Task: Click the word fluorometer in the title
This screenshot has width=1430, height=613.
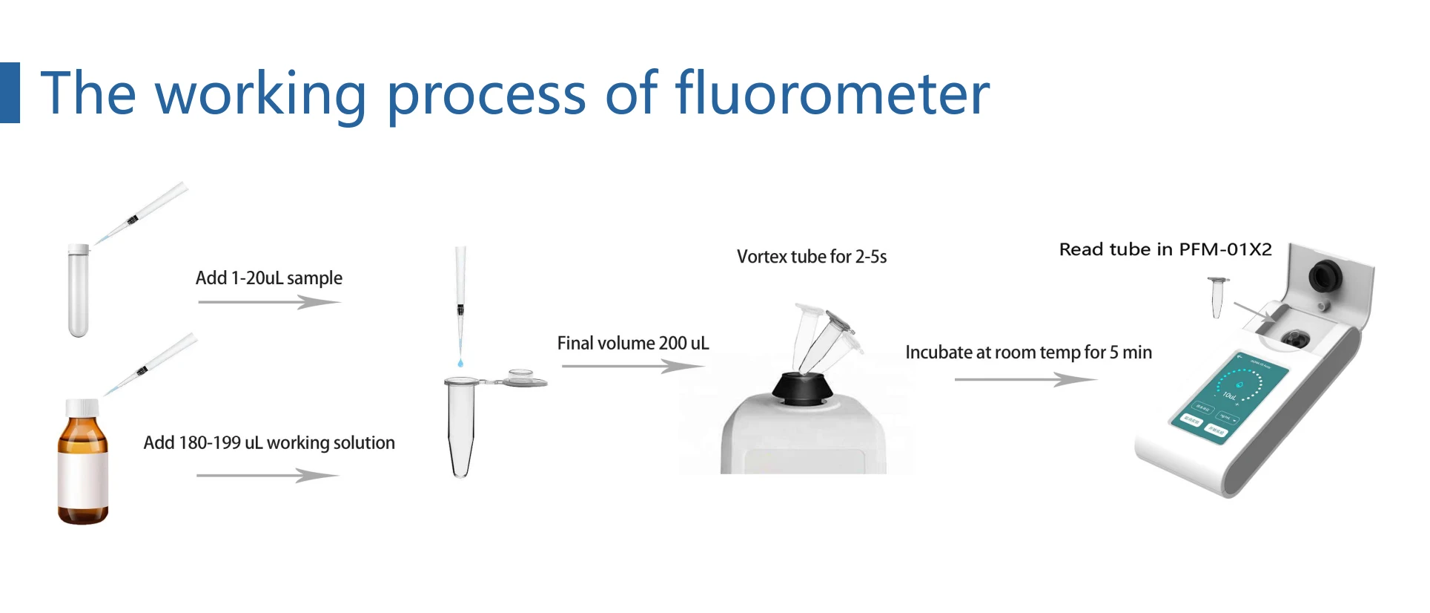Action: click(832, 94)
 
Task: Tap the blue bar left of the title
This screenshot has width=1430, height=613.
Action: click(10, 93)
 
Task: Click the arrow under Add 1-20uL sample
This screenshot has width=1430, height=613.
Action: click(268, 302)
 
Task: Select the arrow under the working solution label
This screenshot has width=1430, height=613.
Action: click(267, 475)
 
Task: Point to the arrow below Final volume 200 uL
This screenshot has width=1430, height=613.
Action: click(632, 366)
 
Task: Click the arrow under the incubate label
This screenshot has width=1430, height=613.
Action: click(1024, 379)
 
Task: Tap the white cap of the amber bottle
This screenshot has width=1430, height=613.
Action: click(82, 407)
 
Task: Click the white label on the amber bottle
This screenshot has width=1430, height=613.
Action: click(83, 479)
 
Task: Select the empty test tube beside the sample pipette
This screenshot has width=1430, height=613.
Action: click(79, 290)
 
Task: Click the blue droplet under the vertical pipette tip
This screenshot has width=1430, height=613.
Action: click(460, 363)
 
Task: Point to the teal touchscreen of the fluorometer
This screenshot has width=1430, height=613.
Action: click(1229, 396)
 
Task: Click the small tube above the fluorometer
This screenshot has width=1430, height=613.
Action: click(1217, 296)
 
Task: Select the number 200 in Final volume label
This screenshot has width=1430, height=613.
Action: click(672, 344)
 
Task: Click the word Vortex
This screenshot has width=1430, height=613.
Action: click(761, 257)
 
